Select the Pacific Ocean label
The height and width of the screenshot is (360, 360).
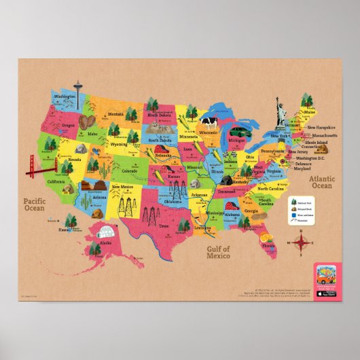tap(35, 204)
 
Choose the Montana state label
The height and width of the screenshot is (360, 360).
tap(115, 114)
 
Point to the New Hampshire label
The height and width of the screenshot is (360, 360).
tap(321, 127)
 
